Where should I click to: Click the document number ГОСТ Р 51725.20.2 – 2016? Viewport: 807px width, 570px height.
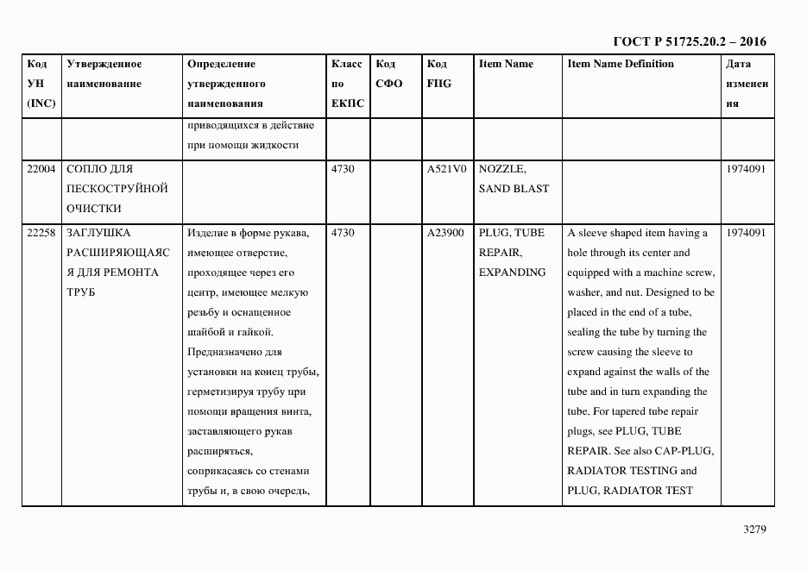[689, 41]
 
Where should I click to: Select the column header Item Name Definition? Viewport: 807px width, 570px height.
[621, 64]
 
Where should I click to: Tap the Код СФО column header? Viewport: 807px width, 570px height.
[389, 74]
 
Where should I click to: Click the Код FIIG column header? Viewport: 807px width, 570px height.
[438, 74]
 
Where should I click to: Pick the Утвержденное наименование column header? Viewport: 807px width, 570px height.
[104, 74]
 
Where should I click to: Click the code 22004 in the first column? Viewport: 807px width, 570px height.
[41, 169]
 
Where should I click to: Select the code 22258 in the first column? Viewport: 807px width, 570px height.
[41, 233]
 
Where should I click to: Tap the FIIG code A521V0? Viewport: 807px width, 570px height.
[445, 169]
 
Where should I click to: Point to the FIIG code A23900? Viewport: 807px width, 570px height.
[445, 233]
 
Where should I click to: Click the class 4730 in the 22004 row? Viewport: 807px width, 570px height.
[343, 169]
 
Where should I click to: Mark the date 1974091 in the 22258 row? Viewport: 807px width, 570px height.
[746, 233]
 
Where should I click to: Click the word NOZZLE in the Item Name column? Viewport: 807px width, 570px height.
[501, 169]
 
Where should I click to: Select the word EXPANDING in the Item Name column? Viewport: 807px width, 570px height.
[512, 272]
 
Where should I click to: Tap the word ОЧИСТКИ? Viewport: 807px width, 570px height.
[93, 209]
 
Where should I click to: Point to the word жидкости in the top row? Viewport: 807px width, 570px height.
[277, 145]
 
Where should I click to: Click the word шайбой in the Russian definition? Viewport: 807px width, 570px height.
[205, 332]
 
